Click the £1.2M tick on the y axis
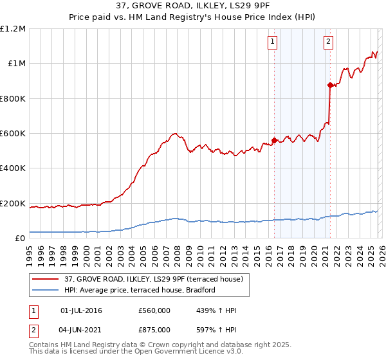click(x=13, y=29)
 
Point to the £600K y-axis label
click(x=13, y=134)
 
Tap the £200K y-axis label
click(x=13, y=204)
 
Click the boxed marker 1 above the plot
click(x=273, y=42)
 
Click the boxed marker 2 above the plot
click(x=328, y=42)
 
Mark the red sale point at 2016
click(x=274, y=140)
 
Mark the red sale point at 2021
click(x=330, y=85)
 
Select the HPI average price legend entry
click(x=138, y=291)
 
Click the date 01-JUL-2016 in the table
click(x=80, y=310)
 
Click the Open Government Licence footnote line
click(x=136, y=352)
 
